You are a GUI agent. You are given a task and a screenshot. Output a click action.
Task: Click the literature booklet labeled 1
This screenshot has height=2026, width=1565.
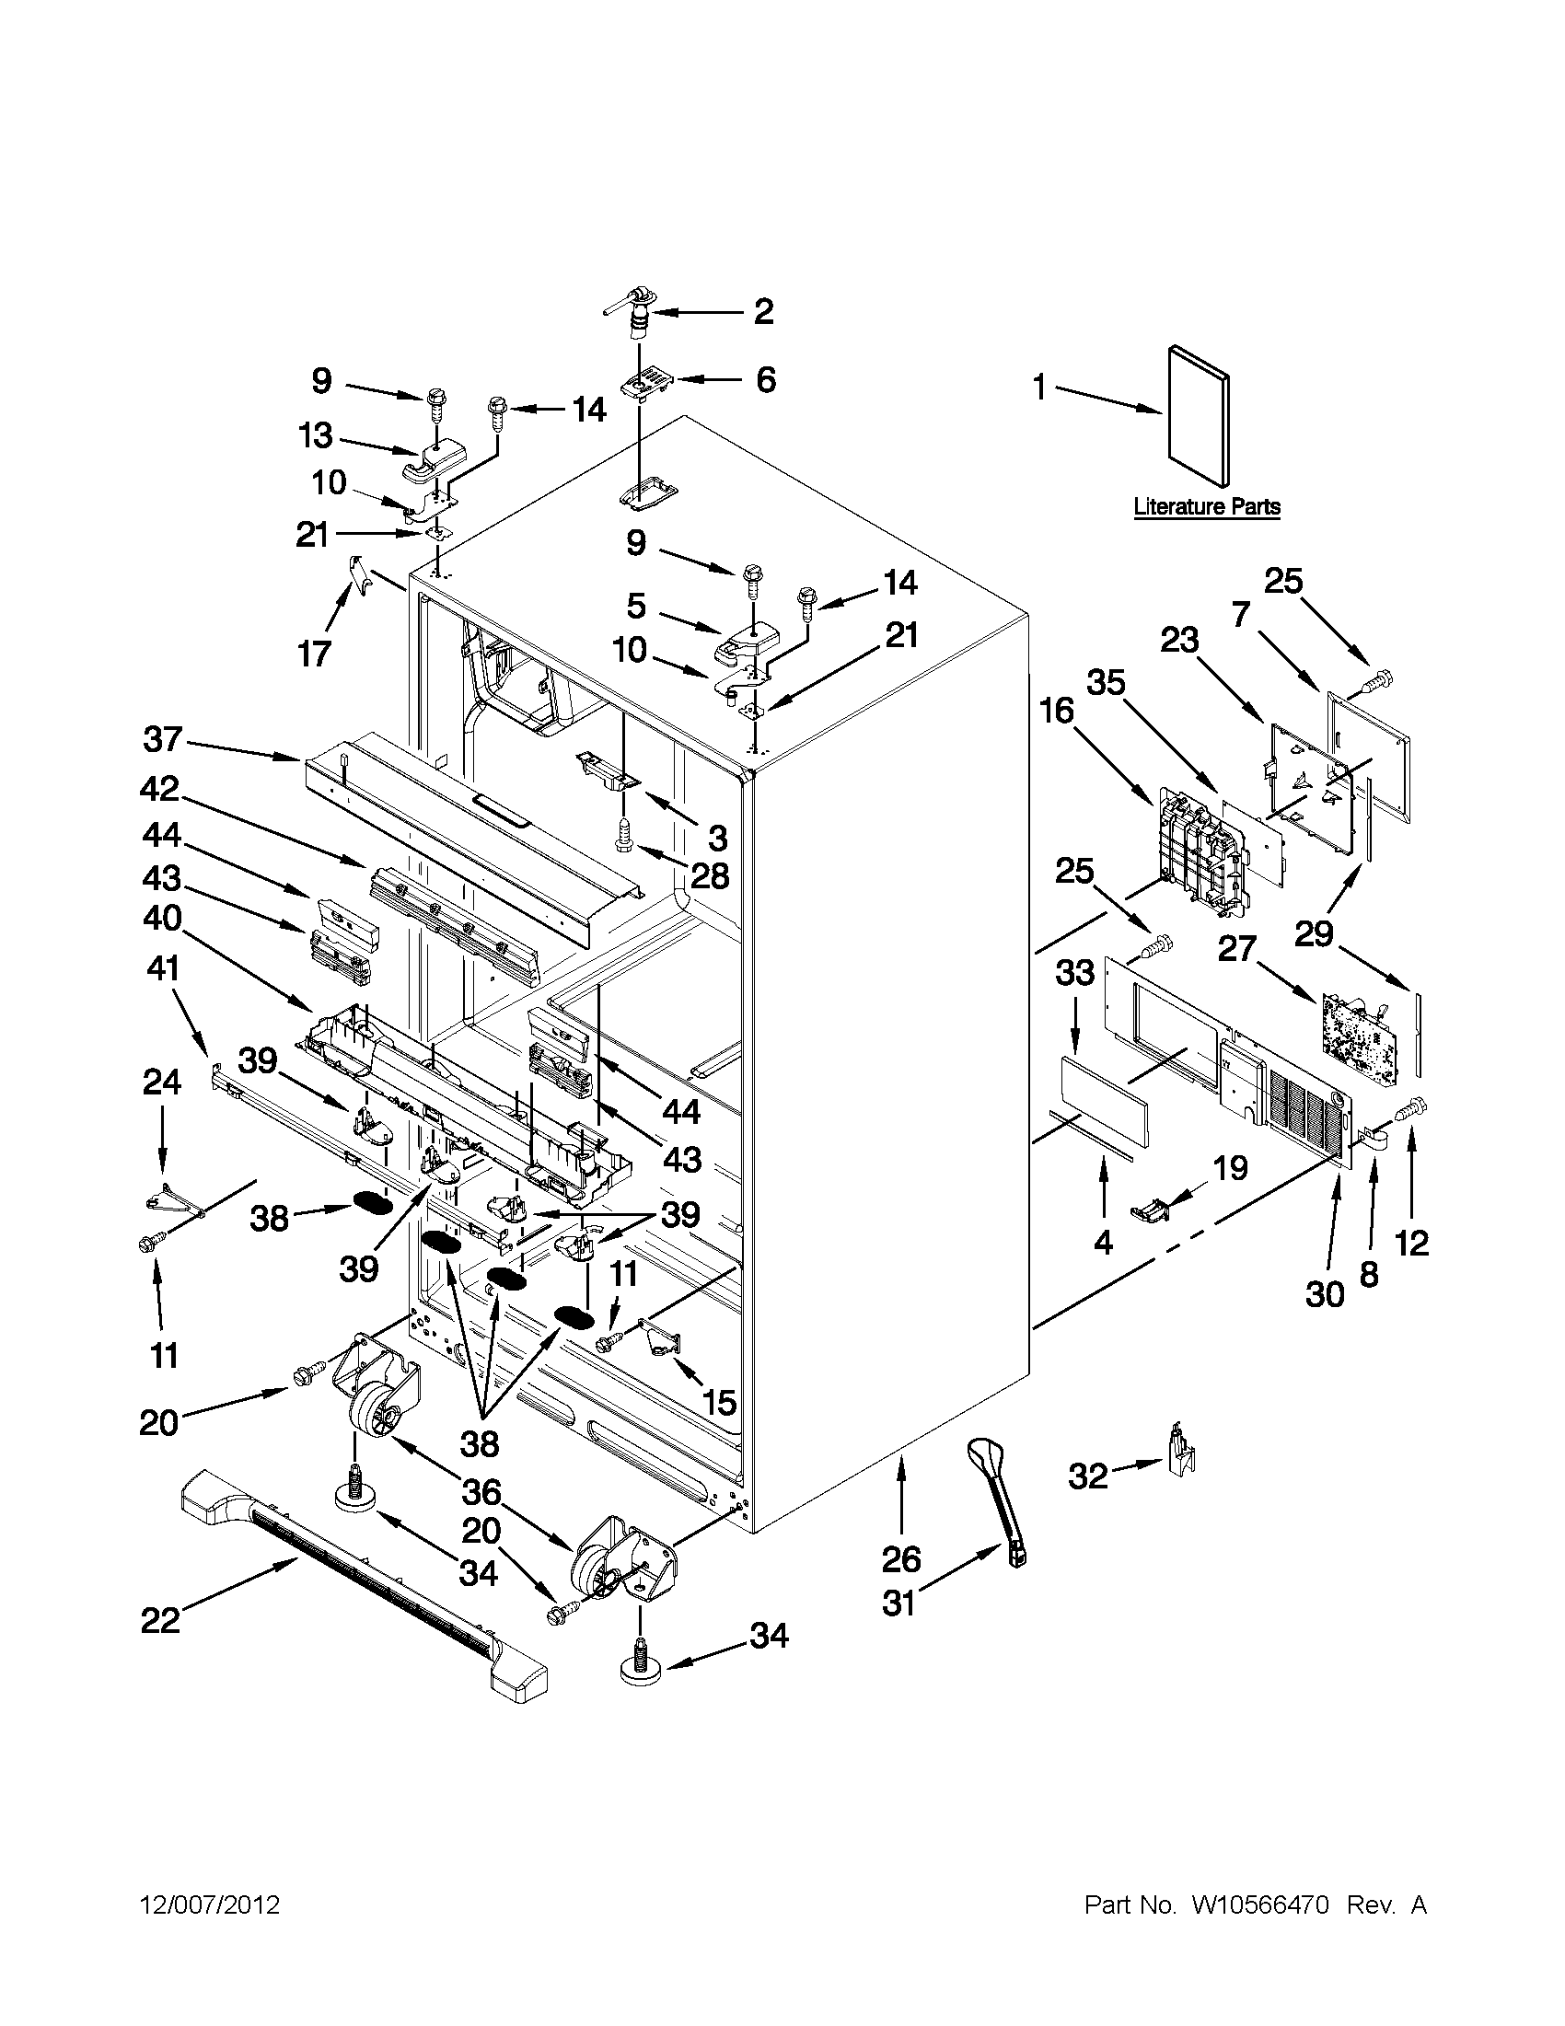pos(1199,416)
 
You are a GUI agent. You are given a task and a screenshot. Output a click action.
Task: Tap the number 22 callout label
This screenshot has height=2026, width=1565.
pos(159,1619)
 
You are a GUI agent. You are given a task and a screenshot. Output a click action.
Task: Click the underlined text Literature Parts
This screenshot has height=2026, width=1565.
pos(1207,506)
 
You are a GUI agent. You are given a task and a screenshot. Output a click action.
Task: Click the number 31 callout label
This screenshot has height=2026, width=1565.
pos(898,1602)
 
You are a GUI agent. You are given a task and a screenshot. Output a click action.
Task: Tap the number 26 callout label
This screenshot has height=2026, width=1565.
pos(899,1559)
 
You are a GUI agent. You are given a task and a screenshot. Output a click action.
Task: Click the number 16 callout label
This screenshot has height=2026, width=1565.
pos(1057,712)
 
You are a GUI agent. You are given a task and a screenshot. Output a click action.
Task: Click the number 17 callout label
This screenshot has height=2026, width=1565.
pos(314,653)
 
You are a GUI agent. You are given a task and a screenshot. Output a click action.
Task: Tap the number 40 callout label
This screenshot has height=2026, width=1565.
pos(163,919)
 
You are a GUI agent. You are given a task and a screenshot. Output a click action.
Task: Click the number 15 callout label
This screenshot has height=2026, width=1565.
pos(719,1402)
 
